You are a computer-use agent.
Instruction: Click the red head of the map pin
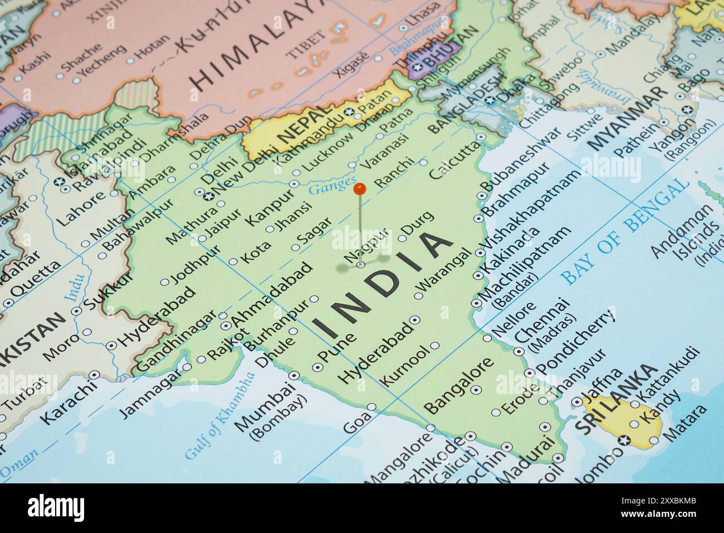point(360,189)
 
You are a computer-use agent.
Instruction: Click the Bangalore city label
point(459,384)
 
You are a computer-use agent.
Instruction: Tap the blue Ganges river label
point(332,186)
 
